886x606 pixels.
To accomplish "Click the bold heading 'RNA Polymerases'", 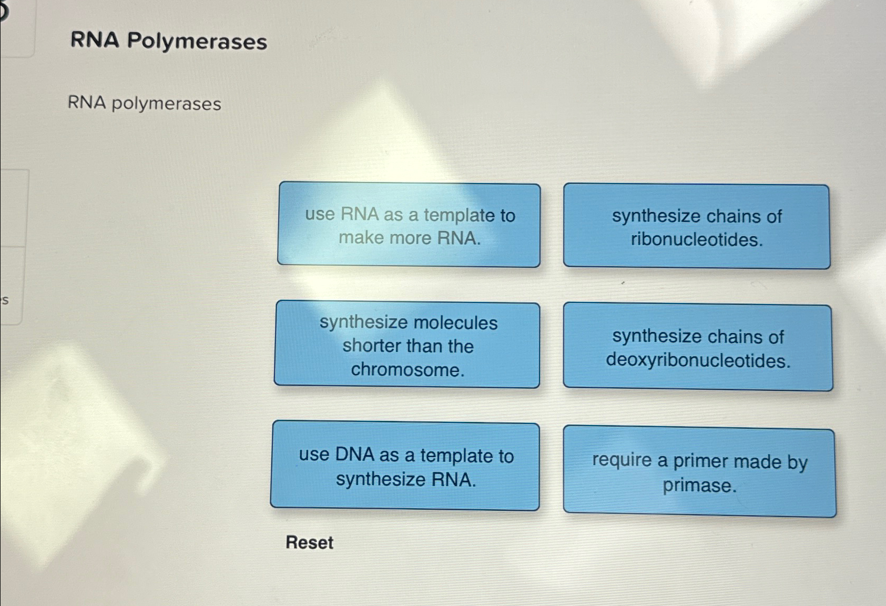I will tap(168, 41).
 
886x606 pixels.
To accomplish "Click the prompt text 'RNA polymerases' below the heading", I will tap(145, 103).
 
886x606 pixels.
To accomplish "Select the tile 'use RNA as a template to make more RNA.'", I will tap(409, 225).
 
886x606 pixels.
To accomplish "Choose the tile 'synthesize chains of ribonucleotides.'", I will tap(697, 227).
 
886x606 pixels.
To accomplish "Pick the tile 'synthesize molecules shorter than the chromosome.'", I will tap(408, 345).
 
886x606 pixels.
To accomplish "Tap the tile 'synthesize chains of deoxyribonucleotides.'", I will tap(698, 348).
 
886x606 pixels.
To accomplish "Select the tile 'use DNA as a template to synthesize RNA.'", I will tap(405, 466).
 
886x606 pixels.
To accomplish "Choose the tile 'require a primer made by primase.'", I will tap(699, 472).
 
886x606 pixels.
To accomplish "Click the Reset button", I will tap(309, 542).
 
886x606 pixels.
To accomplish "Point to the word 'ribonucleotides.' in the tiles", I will tap(697, 240).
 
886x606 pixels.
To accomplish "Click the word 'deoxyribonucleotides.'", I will tap(698, 360).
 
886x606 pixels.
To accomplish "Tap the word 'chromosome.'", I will tap(408, 370).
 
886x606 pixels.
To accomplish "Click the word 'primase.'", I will tap(699, 485).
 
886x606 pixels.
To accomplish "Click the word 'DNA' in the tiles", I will tap(354, 454).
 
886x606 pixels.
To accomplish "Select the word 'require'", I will tap(622, 460).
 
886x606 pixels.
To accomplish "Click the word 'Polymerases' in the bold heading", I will tap(197, 41).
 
